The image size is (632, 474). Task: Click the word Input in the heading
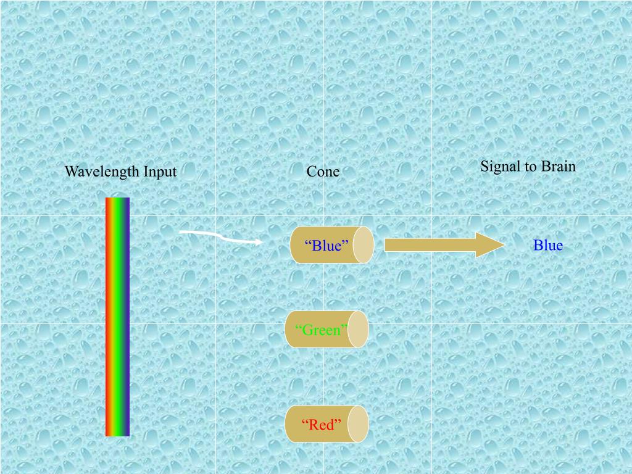coord(160,172)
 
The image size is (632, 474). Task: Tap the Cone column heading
coord(323,172)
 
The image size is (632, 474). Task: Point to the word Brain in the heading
coord(558,166)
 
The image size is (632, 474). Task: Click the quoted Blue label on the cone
coord(327,246)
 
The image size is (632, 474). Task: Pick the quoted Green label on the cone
coord(322,330)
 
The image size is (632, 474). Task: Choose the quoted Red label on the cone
coord(322,425)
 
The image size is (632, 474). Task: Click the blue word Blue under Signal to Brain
coord(548,246)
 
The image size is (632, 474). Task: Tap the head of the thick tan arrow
coord(491,245)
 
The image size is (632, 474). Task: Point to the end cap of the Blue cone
coord(363,245)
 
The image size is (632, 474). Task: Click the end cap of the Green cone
coord(358,330)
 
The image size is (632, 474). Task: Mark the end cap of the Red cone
coord(358,424)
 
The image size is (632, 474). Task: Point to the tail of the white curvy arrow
coord(181,232)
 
